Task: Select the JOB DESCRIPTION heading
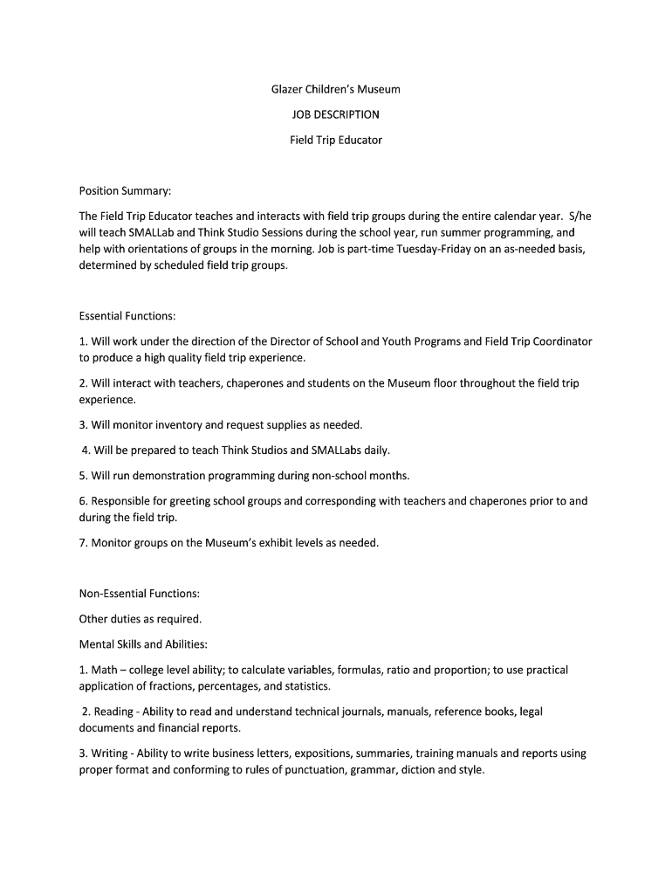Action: pos(335,114)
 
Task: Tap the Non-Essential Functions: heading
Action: pos(140,594)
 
